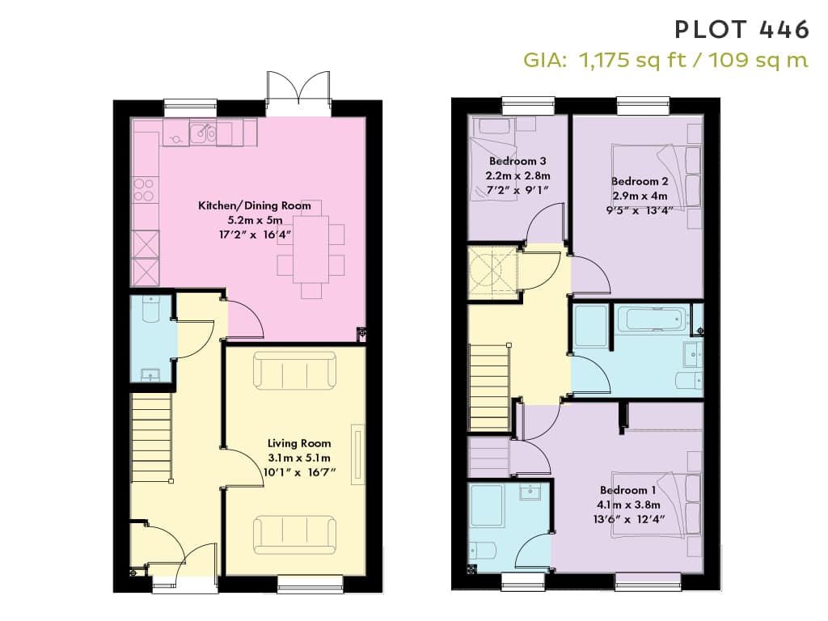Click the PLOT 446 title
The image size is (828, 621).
click(x=742, y=30)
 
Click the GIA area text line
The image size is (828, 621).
click(x=665, y=60)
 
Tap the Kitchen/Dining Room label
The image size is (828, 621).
click(x=255, y=205)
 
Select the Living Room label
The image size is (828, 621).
click(x=299, y=443)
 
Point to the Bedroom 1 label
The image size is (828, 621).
click(x=627, y=490)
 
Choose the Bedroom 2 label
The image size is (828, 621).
click(x=640, y=181)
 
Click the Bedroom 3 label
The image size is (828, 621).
click(x=517, y=161)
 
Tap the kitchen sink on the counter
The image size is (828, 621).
click(x=203, y=133)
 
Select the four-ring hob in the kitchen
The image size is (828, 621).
click(x=144, y=190)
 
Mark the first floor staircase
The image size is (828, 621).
click(x=489, y=387)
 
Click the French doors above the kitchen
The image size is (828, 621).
click(x=299, y=92)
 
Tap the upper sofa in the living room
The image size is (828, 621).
click(x=294, y=370)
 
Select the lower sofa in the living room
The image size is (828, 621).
click(x=294, y=535)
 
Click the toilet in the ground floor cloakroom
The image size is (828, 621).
click(x=151, y=310)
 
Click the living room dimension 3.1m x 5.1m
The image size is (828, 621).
click(x=299, y=458)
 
